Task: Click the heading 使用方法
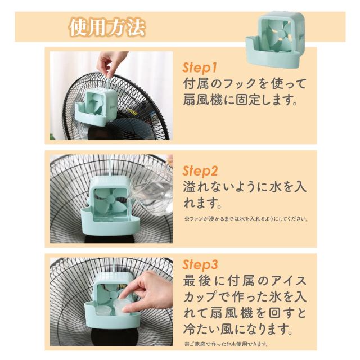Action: [x=107, y=28]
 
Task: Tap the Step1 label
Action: [x=200, y=67]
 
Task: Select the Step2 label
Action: [x=200, y=171]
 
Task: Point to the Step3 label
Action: [x=200, y=265]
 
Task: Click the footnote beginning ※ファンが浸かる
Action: [x=246, y=219]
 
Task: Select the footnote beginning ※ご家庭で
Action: [x=226, y=344]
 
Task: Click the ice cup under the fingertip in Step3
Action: [x=121, y=306]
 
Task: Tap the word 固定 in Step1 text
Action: [x=249, y=100]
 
